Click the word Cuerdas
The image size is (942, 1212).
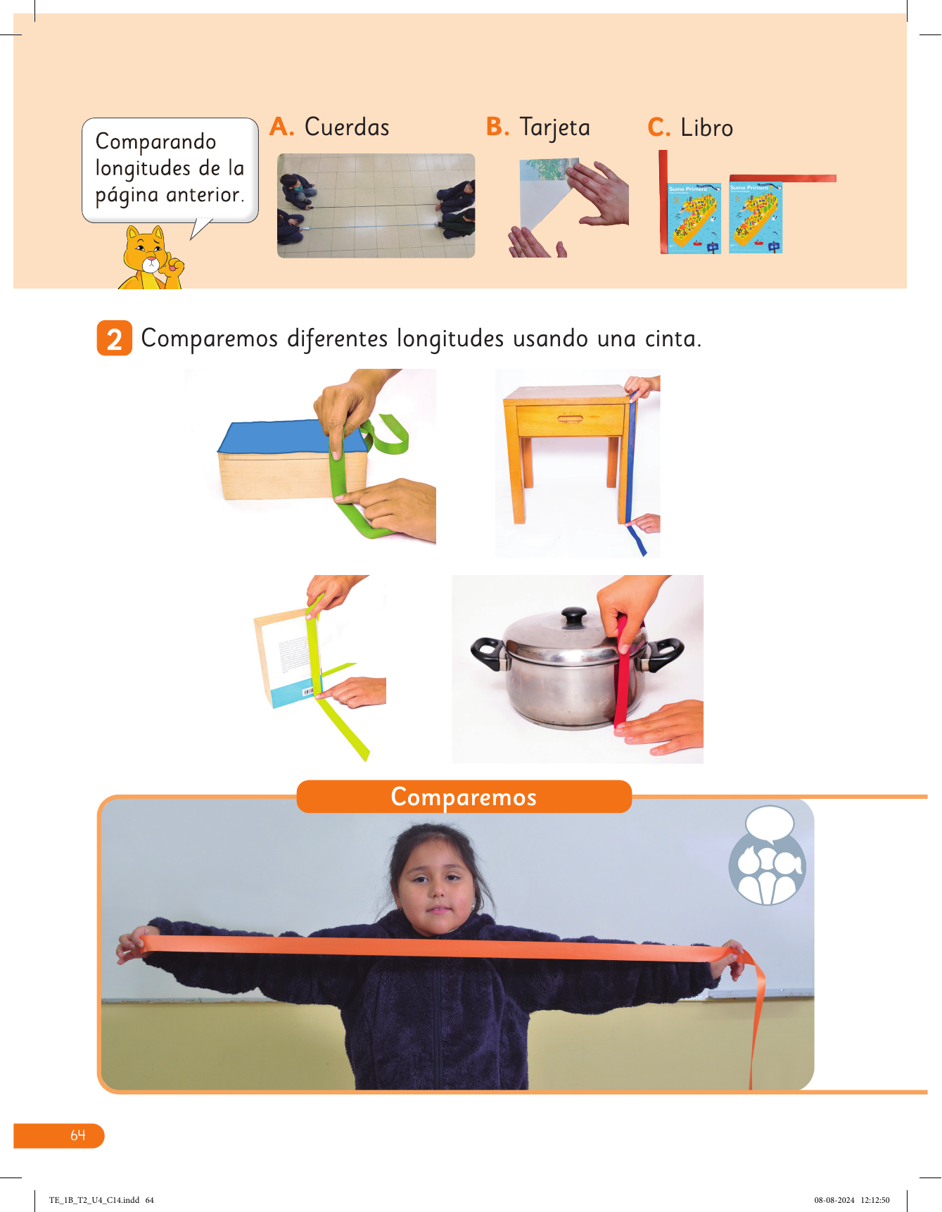click(347, 127)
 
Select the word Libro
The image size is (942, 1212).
click(706, 128)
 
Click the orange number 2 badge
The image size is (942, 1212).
click(115, 339)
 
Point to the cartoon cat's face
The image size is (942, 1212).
click(148, 253)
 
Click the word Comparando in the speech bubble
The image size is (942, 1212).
click(156, 141)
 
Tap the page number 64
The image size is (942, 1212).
click(77, 1135)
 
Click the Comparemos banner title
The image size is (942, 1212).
click(464, 797)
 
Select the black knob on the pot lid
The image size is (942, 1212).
click(574, 617)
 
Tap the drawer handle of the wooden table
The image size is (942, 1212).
click(570, 419)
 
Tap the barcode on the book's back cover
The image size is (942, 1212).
click(308, 693)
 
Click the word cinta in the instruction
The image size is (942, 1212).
click(673, 339)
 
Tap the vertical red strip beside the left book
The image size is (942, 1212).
click(663, 202)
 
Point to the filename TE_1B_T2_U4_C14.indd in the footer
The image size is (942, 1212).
click(94, 1200)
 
